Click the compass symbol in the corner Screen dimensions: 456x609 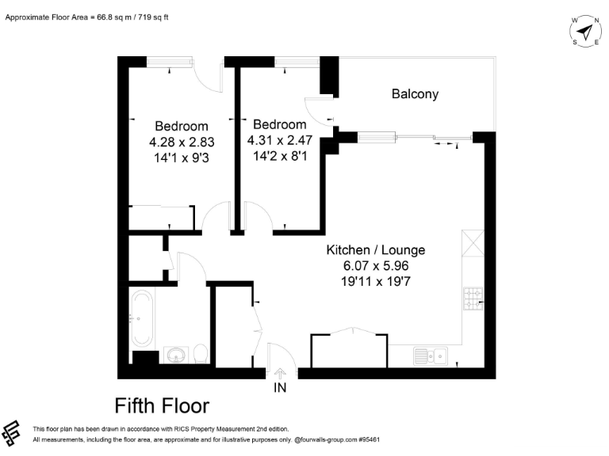585,31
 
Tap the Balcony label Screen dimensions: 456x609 415,94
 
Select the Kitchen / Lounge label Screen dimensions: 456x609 376,250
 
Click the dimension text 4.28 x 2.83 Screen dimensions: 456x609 182,142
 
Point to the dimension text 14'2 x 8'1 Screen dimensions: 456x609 279,156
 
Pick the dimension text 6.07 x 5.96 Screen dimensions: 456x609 376,265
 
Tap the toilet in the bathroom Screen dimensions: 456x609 201,352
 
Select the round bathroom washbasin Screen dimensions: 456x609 176,354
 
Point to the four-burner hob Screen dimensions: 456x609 473,298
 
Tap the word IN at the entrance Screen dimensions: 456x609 280,388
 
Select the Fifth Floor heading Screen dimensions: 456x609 162,406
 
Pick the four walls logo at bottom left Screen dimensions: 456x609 13,434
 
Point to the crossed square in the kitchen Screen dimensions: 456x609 473,243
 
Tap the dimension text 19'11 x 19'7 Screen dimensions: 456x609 376,280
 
